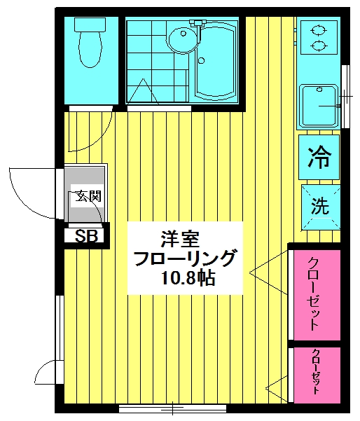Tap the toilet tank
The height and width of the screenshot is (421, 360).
pyautogui.click(x=90, y=24)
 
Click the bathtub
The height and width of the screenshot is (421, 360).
pyautogui.click(x=217, y=61)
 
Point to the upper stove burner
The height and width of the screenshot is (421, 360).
pyautogui.click(x=319, y=29)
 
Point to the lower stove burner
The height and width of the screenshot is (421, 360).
pyautogui.click(x=319, y=46)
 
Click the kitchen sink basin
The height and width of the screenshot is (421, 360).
pyautogui.click(x=319, y=106)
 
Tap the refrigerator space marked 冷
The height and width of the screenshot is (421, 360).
pyautogui.click(x=319, y=158)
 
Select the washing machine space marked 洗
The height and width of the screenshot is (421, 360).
pyautogui.click(x=321, y=207)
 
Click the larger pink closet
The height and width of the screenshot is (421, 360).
pyautogui.click(x=317, y=295)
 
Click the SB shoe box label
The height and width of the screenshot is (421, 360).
pyautogui.click(x=86, y=236)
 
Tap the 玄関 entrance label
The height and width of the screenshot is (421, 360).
pyautogui.click(x=88, y=196)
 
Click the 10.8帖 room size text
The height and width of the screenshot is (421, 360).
pyautogui.click(x=188, y=278)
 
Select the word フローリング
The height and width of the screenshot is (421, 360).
pyautogui.click(x=186, y=258)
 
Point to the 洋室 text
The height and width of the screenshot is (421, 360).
pyautogui.click(x=180, y=239)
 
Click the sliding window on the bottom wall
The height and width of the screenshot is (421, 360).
pyautogui.click(x=172, y=408)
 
